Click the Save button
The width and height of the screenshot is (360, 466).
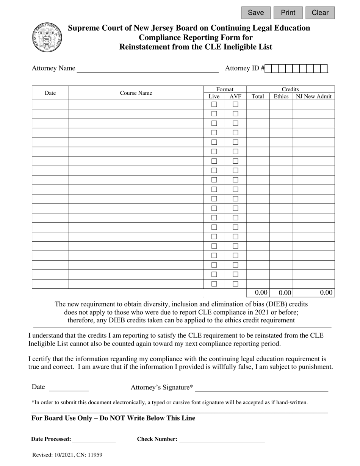256,13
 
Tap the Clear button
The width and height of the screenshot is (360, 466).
320,13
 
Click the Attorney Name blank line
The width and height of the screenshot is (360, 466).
148,69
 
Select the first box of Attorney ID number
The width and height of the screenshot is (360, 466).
269,69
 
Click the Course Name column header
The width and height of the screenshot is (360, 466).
136,93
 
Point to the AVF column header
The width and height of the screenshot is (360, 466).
235,96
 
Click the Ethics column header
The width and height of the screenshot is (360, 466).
281,96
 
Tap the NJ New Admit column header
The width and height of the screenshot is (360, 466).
313,96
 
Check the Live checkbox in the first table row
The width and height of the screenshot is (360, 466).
214,104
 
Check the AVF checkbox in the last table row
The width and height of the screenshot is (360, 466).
235,284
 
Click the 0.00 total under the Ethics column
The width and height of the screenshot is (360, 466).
285,292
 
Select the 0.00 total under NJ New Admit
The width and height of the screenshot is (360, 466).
326,292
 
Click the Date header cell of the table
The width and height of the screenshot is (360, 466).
50,93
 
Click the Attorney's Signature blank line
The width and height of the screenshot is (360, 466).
261,388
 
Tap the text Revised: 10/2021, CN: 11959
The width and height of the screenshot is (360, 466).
67,455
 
